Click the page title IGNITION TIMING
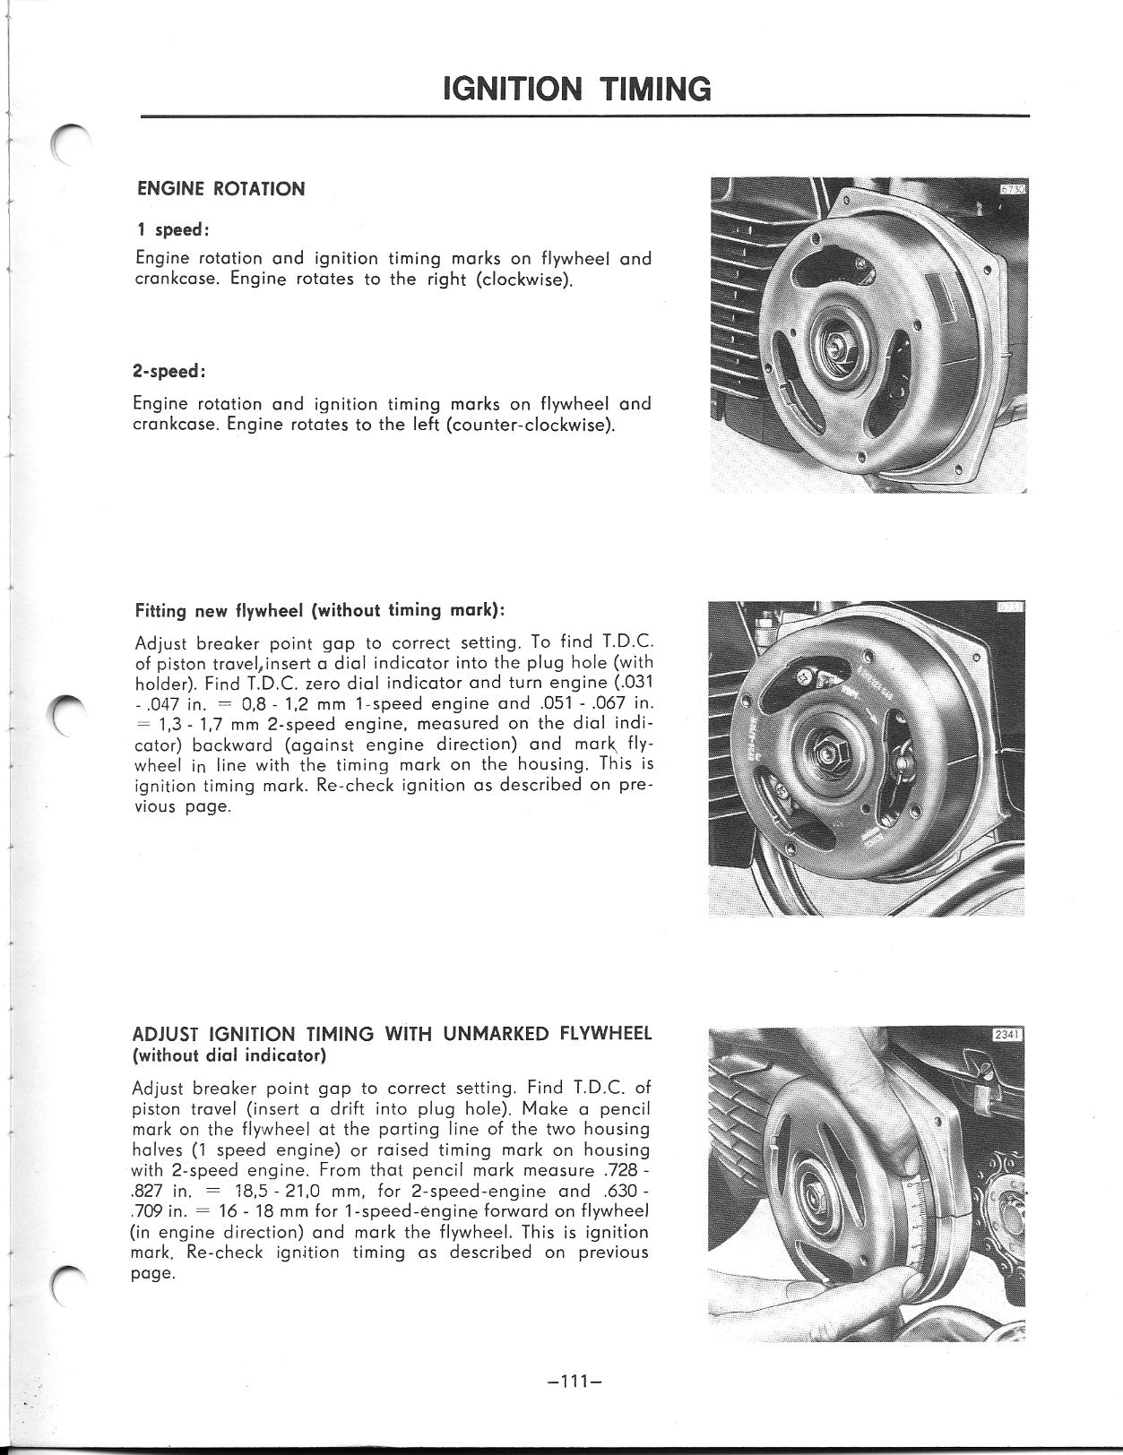577,89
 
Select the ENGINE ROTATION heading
220,189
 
